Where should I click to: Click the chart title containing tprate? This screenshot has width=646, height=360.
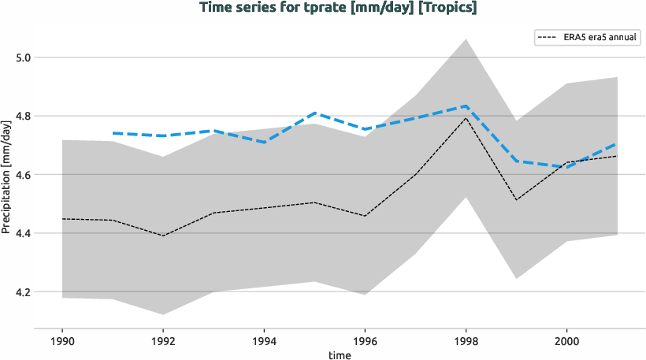[338, 8]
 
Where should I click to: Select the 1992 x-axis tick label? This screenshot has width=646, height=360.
[162, 342]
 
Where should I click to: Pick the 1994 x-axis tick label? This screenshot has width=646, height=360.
[263, 342]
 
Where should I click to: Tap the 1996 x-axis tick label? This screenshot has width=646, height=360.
[364, 342]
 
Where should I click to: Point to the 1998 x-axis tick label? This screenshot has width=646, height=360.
[466, 342]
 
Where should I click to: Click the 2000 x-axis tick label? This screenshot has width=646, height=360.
[566, 342]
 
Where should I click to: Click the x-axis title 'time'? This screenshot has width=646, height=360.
[339, 355]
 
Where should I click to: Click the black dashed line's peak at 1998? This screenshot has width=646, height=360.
[466, 117]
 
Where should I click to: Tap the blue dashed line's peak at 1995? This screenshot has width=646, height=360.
[314, 113]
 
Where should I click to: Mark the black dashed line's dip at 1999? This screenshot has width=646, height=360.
[516, 200]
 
